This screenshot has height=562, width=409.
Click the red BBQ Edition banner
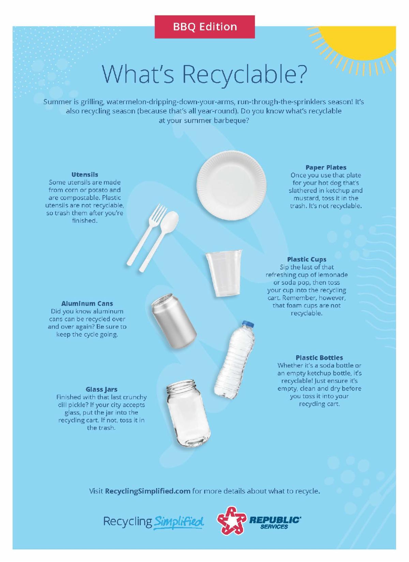click(x=204, y=27)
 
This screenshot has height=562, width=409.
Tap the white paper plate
click(x=231, y=186)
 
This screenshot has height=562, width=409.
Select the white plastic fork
click(x=146, y=235)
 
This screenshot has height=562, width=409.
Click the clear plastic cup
click(x=224, y=273)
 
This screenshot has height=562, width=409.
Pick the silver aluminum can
click(x=174, y=321)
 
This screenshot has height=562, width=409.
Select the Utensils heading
click(x=85, y=174)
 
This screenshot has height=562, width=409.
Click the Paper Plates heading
click(x=325, y=167)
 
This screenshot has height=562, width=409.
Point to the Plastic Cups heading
click(x=306, y=259)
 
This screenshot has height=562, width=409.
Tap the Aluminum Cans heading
click(x=87, y=303)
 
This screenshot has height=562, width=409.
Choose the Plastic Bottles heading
click(x=319, y=358)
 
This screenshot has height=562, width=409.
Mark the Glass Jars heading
click(x=102, y=389)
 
